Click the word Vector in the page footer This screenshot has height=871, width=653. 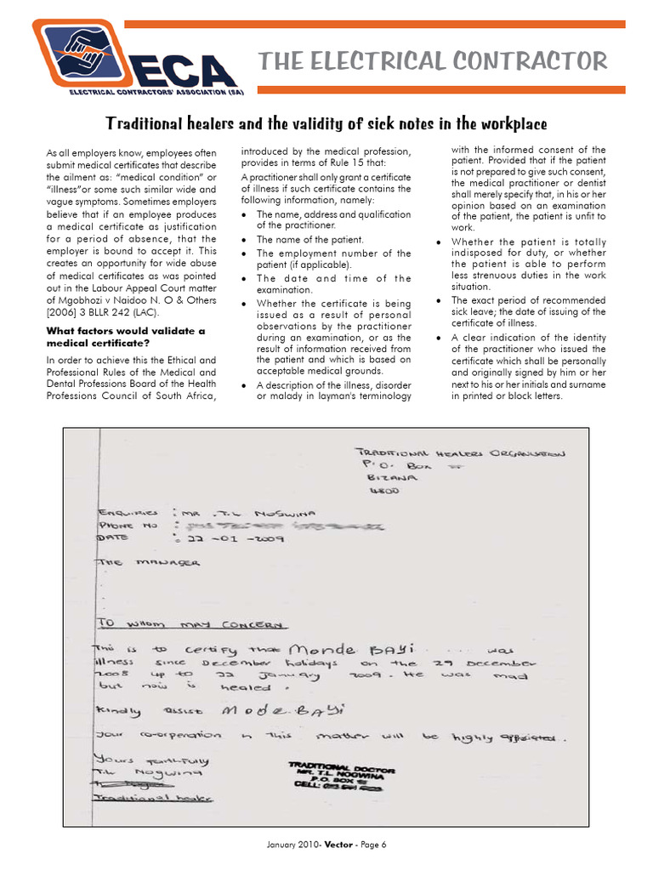tap(331, 845)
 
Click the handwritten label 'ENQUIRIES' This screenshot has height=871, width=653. tap(128, 513)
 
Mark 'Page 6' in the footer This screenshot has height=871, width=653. tap(372, 845)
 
